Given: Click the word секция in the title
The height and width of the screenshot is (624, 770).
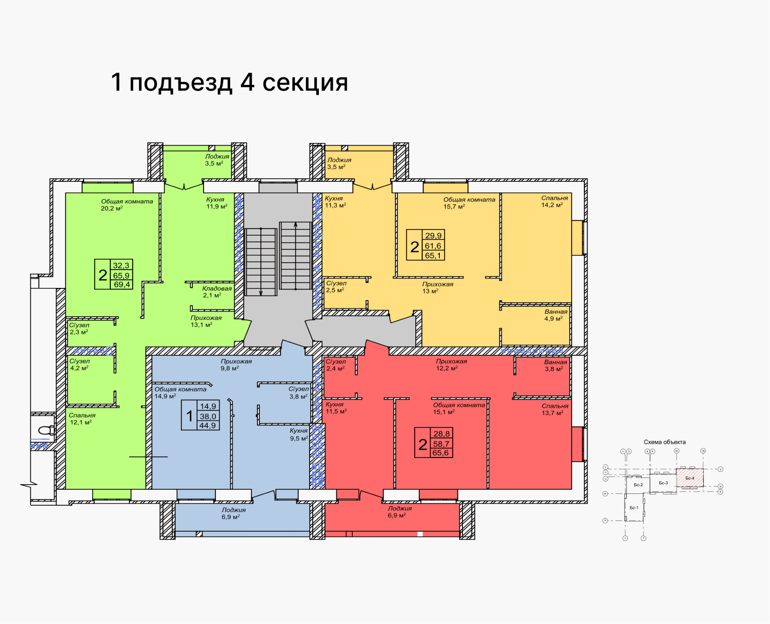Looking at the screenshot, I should [305, 82].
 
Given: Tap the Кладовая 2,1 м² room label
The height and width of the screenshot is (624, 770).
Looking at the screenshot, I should [217, 292].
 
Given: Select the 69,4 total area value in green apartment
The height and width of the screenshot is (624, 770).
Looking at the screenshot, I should [122, 284].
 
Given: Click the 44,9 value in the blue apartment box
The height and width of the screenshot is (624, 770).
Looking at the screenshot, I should [208, 425].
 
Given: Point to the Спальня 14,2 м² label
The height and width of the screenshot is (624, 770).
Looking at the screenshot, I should [554, 201].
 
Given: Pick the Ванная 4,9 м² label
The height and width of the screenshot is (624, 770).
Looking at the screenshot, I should [556, 315].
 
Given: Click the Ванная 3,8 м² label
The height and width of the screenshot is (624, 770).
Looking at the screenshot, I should [556, 365].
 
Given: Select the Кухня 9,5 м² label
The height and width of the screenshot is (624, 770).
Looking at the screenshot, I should [298, 434].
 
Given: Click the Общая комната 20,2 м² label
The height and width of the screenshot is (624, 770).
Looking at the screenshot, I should [127, 205].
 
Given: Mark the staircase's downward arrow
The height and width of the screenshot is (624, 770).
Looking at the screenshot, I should [261, 292].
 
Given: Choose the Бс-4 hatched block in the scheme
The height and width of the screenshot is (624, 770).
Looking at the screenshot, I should [690, 478].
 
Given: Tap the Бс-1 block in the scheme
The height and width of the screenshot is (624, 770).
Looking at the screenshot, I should [634, 508].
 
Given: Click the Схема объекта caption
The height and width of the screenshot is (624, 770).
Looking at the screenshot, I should [664, 442].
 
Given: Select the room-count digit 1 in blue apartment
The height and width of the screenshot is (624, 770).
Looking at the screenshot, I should [189, 416].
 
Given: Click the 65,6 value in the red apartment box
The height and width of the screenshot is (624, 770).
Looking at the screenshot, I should [440, 453].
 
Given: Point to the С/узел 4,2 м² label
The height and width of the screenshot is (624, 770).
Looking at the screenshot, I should [79, 364].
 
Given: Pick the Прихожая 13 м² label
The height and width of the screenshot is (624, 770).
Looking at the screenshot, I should [437, 287].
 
